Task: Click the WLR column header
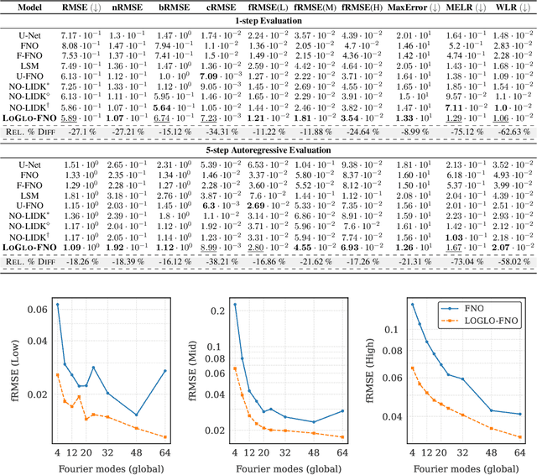[x=512, y=6]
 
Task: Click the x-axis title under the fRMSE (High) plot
[x=463, y=467]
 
